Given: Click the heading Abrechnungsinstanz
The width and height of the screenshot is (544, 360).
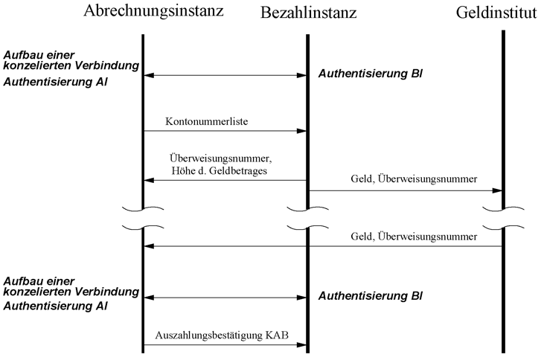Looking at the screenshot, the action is [x=153, y=11].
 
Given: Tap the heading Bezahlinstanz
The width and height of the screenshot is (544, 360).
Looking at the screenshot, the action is [x=308, y=13].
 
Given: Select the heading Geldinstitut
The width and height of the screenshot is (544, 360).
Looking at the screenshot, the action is [x=496, y=13].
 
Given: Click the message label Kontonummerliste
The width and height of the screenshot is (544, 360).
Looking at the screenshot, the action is [x=206, y=121].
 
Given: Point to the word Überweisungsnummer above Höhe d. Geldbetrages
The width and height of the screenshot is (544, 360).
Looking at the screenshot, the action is [x=220, y=158].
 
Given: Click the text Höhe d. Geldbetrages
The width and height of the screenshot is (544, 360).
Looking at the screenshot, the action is [x=220, y=170].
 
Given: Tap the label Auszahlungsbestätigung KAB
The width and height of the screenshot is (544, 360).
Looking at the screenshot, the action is [x=222, y=335].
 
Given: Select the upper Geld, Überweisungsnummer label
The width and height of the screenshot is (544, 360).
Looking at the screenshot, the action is [x=414, y=179].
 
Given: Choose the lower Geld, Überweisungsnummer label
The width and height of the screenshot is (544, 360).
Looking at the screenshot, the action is [x=414, y=237].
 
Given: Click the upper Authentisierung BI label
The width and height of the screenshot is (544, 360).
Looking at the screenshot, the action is [x=370, y=74].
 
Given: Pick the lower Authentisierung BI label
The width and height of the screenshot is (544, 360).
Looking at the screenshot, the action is [x=370, y=296].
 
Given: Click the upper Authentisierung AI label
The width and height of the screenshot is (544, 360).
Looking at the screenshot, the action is [x=55, y=82].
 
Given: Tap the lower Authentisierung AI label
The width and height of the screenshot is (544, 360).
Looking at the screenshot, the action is [x=55, y=306].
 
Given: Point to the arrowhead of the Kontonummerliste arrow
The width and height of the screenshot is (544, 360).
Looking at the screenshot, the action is [x=301, y=131].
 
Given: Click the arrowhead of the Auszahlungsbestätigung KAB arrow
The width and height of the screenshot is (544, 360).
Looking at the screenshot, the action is [x=301, y=344].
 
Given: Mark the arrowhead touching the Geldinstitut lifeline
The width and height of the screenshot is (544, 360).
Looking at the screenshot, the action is [x=497, y=190].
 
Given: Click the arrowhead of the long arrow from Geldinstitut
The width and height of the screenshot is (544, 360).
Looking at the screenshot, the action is [x=149, y=246].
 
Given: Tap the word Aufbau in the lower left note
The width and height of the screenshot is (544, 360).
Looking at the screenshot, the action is [x=21, y=281].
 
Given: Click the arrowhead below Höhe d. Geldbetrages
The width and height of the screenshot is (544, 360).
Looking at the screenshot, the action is [x=149, y=180].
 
